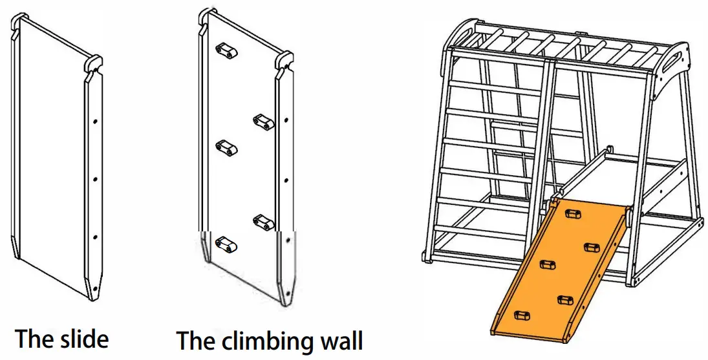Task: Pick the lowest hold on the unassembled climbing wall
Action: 224,244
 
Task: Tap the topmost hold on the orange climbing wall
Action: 573,213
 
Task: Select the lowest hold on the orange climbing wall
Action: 521,316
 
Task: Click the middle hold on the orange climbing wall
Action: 548,264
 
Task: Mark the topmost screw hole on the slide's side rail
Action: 95,121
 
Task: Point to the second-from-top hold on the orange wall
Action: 591,246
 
